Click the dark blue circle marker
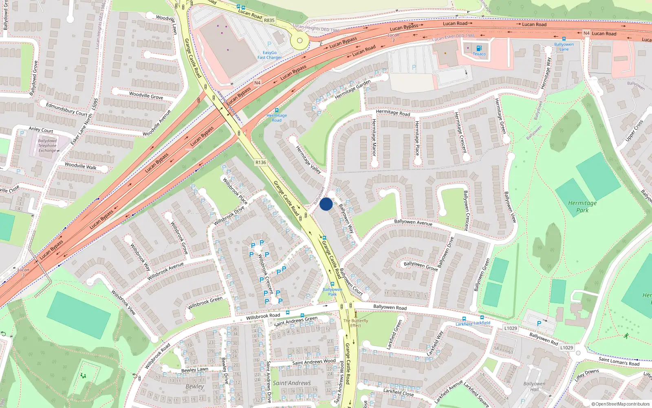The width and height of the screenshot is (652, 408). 326,204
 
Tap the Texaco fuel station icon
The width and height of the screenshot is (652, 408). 479,49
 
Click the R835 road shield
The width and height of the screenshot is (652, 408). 269,20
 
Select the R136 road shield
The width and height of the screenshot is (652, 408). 260,162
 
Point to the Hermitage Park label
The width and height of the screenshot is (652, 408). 582,206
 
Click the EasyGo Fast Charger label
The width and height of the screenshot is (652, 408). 269,55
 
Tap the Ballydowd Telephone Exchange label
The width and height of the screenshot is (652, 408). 48,146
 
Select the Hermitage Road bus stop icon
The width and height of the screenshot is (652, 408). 277,110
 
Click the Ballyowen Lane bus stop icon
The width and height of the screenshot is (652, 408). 564,39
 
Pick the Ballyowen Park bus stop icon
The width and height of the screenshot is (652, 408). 333,284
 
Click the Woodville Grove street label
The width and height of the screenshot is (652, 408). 146,96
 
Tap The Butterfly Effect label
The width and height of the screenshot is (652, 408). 355,323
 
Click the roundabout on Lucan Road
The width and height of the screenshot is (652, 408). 300,40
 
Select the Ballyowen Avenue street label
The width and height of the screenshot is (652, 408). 413,222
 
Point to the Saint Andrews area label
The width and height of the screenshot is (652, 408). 292,383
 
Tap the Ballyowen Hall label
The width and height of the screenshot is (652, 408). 534,386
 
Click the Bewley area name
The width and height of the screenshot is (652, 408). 195,386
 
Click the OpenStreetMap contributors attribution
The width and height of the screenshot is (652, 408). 620,404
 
